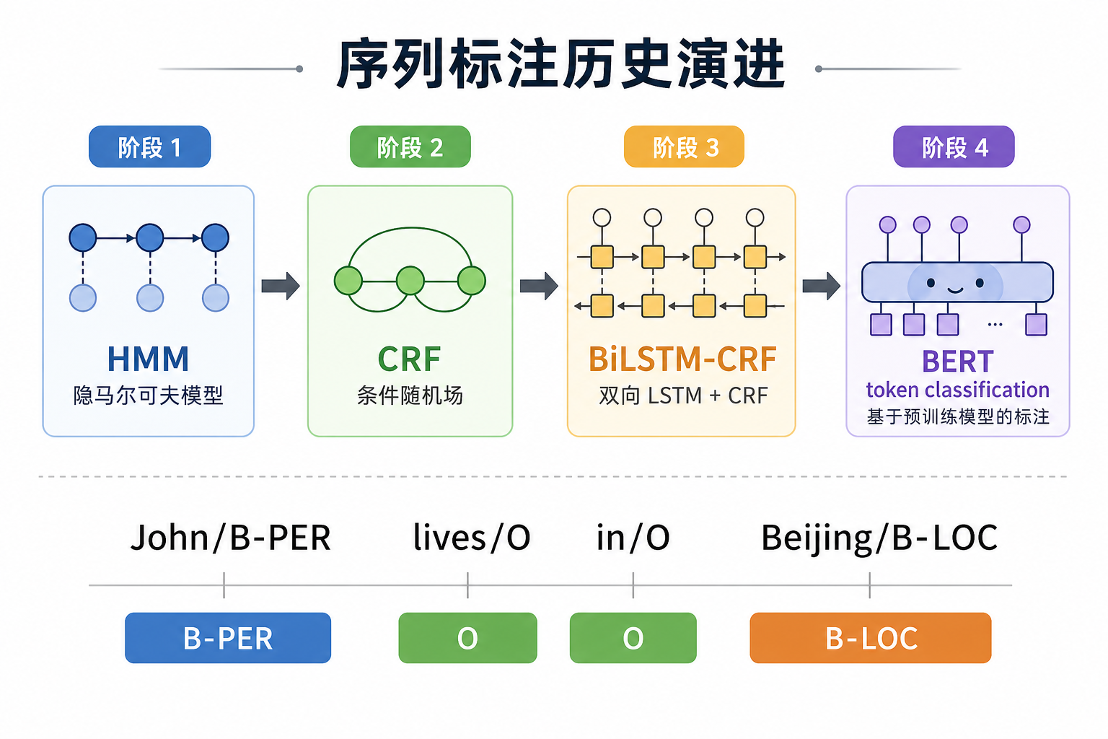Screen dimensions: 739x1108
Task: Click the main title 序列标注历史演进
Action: click(x=560, y=66)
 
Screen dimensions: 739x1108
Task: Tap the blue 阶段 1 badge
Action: click(x=149, y=147)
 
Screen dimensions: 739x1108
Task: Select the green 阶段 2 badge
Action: click(x=410, y=147)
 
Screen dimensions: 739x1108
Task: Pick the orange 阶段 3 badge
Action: click(x=684, y=147)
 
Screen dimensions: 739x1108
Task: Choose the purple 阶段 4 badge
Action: click(x=954, y=147)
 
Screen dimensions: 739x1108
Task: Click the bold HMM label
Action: click(x=148, y=359)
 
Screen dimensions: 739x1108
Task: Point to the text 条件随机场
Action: click(x=410, y=395)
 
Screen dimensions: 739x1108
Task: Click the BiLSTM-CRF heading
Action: click(x=682, y=359)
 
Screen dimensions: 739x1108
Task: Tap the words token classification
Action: click(x=957, y=390)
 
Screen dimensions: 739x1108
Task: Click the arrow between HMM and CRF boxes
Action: click(x=281, y=286)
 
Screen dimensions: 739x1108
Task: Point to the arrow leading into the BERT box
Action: click(x=821, y=286)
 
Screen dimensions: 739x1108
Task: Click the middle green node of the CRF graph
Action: click(x=410, y=281)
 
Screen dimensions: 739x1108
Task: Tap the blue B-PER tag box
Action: click(x=228, y=638)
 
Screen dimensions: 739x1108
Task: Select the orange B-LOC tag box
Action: click(x=870, y=638)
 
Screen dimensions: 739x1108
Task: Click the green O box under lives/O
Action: click(x=467, y=638)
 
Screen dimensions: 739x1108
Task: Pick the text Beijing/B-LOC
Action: click(x=879, y=538)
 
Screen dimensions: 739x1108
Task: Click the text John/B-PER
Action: click(x=230, y=538)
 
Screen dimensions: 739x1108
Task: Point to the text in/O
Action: click(x=633, y=538)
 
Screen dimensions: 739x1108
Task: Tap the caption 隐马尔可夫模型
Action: click(x=148, y=395)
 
